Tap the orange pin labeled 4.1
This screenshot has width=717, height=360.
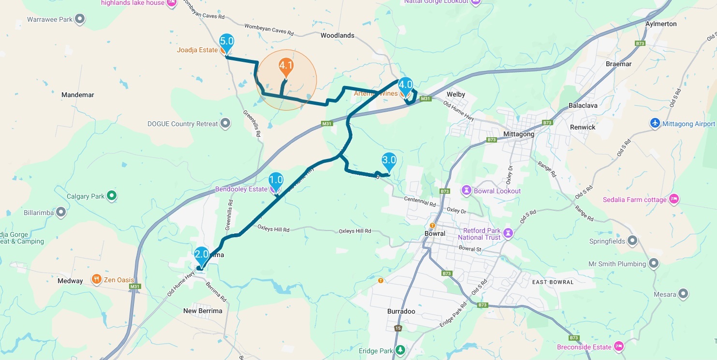286,66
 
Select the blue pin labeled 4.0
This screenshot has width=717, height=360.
405,86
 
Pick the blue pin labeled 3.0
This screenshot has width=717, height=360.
389,160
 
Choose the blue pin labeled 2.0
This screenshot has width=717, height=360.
202,255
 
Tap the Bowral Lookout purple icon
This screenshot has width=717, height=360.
466,190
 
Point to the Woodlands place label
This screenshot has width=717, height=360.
337,35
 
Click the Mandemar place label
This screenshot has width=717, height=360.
78,95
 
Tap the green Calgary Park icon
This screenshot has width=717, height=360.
112,196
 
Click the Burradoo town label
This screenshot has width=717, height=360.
401,311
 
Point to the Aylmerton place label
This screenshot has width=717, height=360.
661,24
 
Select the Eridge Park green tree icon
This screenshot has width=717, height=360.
400,350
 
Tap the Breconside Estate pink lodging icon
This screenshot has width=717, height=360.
618,346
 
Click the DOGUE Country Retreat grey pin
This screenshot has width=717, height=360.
225,123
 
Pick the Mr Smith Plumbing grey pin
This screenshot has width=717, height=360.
654,263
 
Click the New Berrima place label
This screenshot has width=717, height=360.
203,311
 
